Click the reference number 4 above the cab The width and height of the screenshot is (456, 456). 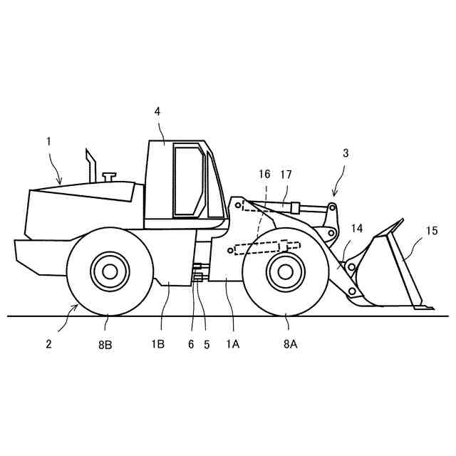coord(157,111)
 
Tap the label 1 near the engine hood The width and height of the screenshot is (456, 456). coord(49,141)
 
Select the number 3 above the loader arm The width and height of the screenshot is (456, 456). coord(346,152)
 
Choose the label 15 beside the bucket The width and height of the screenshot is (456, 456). coord(432,231)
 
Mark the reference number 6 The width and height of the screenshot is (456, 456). coord(190,343)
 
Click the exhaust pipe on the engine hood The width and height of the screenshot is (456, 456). coord(91,167)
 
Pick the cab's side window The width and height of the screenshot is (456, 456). coord(187,181)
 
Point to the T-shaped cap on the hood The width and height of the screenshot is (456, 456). coord(109,175)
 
